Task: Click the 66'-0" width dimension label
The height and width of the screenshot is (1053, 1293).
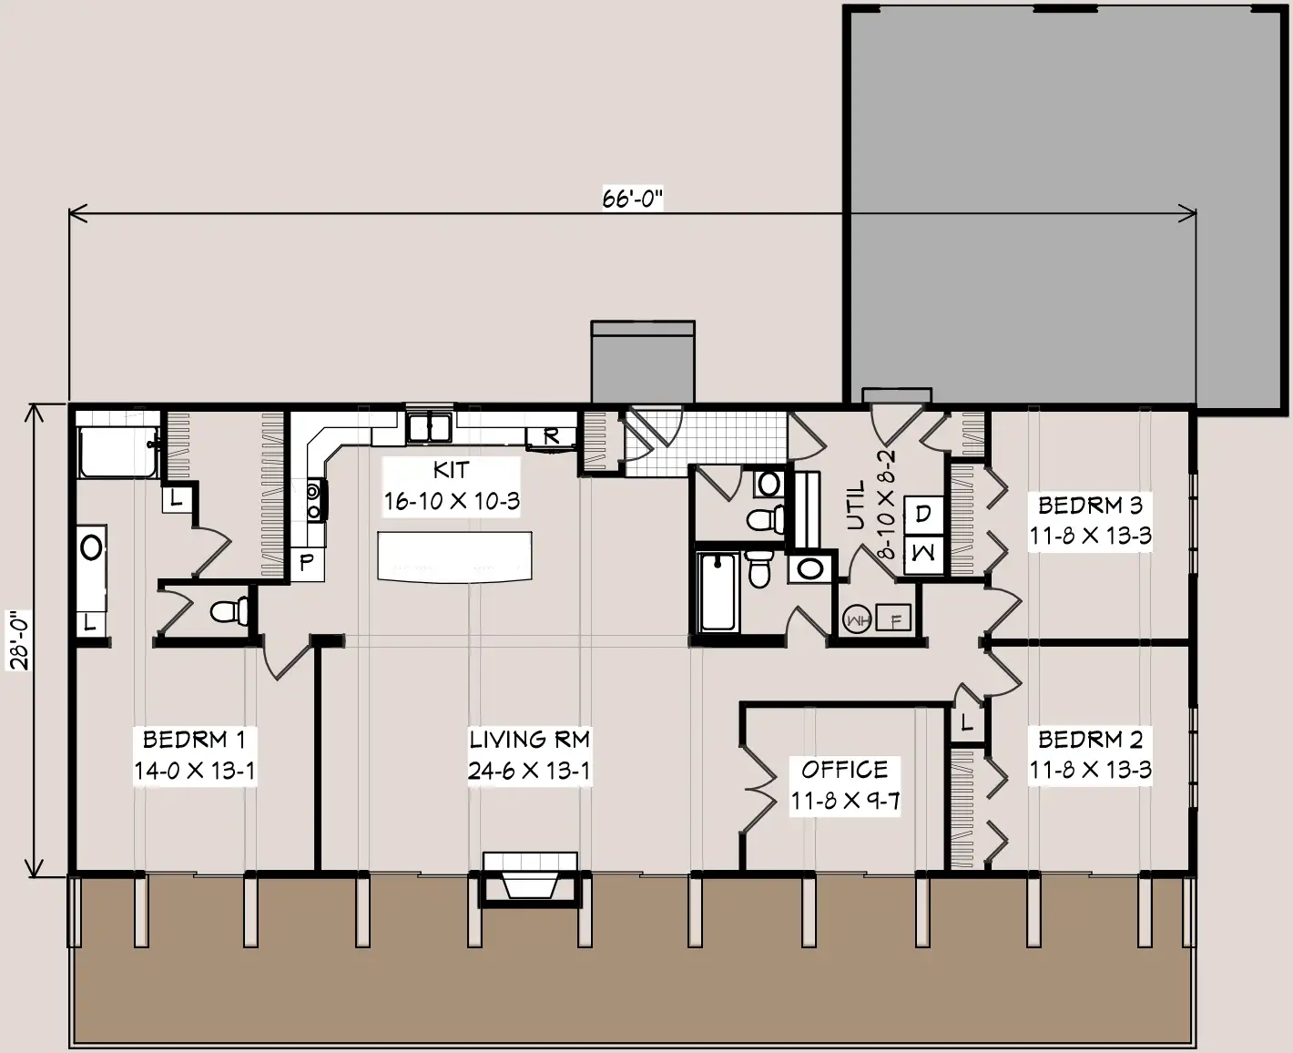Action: [x=632, y=199]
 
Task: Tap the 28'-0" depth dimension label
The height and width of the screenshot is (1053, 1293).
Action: [x=20, y=640]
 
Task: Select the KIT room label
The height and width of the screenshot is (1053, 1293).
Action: [x=451, y=469]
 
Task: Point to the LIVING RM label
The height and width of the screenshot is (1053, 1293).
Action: [x=529, y=740]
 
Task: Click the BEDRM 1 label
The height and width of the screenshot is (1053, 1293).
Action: [x=194, y=740]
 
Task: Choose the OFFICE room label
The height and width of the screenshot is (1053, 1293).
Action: [x=844, y=770]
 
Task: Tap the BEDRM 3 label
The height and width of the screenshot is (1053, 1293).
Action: [x=1090, y=506]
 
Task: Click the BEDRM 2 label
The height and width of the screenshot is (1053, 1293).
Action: [x=1090, y=740]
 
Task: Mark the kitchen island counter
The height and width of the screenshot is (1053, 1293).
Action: [x=454, y=557]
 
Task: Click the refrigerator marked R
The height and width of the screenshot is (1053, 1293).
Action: [x=551, y=437]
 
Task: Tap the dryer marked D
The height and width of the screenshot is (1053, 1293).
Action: [x=923, y=516]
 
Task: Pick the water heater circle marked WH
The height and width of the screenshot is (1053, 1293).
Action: [x=857, y=620]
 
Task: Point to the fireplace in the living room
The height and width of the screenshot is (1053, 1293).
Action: [x=529, y=879]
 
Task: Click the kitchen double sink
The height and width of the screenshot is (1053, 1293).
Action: [x=429, y=427]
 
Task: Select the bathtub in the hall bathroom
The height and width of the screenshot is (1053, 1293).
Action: [x=718, y=591]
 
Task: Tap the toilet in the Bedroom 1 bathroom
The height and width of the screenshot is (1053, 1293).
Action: [x=230, y=611]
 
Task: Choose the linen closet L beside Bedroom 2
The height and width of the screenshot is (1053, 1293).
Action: [x=967, y=722]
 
